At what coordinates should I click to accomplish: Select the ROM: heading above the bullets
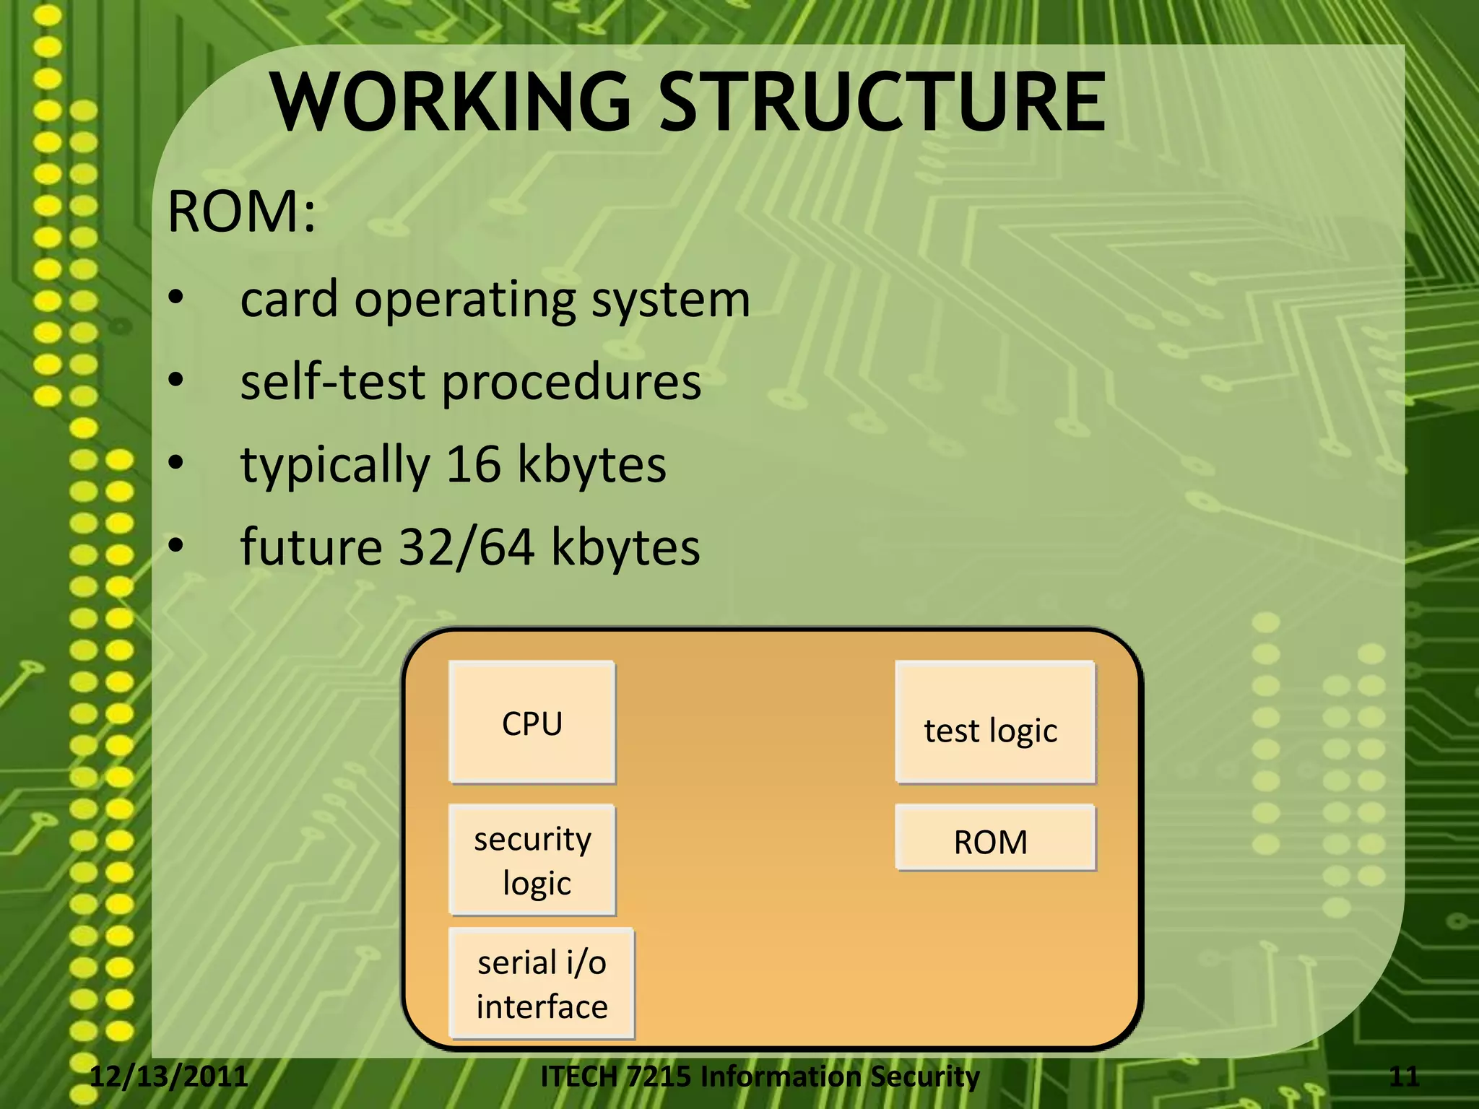pyautogui.click(x=241, y=212)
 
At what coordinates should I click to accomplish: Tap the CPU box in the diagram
pyautogui.click(x=532, y=723)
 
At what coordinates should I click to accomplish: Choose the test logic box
pyautogui.click(x=994, y=723)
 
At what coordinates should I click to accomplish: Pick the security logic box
pyautogui.click(x=532, y=860)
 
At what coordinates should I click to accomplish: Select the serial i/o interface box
pyautogui.click(x=541, y=984)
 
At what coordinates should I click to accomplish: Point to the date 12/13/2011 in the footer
pyautogui.click(x=169, y=1077)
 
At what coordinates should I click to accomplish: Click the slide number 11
pyautogui.click(x=1403, y=1077)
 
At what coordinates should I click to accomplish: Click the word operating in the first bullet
pyautogui.click(x=465, y=299)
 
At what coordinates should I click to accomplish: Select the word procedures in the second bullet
pyautogui.click(x=571, y=382)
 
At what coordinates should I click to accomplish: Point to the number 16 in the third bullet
pyautogui.click(x=474, y=464)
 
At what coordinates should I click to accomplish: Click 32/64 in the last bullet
pyautogui.click(x=467, y=547)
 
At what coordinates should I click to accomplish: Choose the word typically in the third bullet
pyautogui.click(x=335, y=466)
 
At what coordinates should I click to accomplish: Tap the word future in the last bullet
pyautogui.click(x=311, y=547)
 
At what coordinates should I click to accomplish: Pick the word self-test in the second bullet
pyautogui.click(x=332, y=382)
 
